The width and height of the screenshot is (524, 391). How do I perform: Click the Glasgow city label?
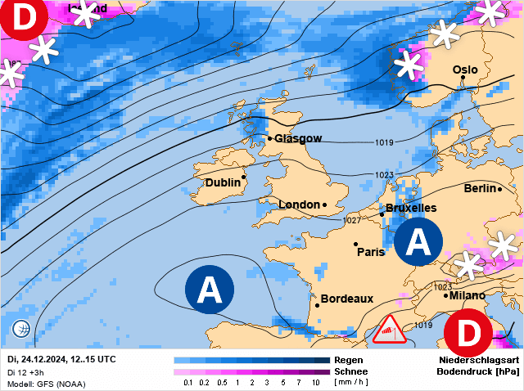298,138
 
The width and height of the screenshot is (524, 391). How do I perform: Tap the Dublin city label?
223,182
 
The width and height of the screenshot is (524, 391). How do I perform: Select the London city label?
299,204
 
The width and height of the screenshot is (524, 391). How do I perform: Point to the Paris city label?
371,252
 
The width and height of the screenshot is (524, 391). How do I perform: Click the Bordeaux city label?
346,299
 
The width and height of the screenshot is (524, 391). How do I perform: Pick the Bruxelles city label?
410,209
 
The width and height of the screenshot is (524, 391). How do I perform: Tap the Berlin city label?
480,188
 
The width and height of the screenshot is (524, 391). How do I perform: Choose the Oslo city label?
465,70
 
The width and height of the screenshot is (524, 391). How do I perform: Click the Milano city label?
467,295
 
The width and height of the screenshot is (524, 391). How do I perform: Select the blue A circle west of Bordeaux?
210,290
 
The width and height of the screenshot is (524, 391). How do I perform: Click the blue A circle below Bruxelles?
418,242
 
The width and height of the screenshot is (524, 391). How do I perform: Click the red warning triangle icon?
390,329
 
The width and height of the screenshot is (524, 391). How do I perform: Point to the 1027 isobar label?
352,221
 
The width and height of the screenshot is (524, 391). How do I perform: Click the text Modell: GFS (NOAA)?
46,384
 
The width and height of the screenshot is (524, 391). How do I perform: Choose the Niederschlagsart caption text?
479,360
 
